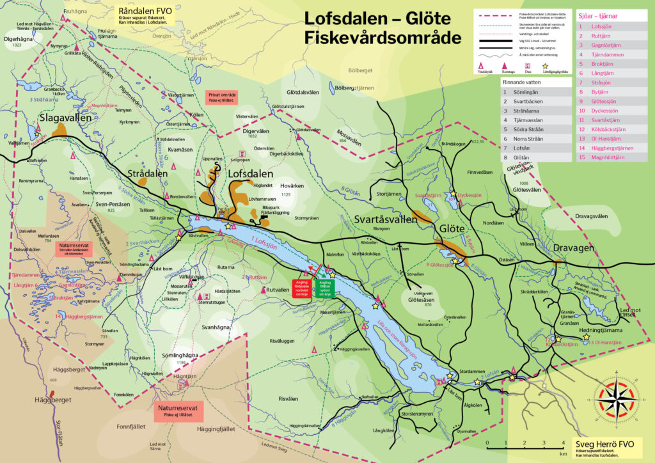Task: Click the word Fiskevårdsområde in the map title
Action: click(x=383, y=38)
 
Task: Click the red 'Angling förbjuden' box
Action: click(x=301, y=286)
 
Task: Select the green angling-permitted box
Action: click(x=324, y=286)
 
